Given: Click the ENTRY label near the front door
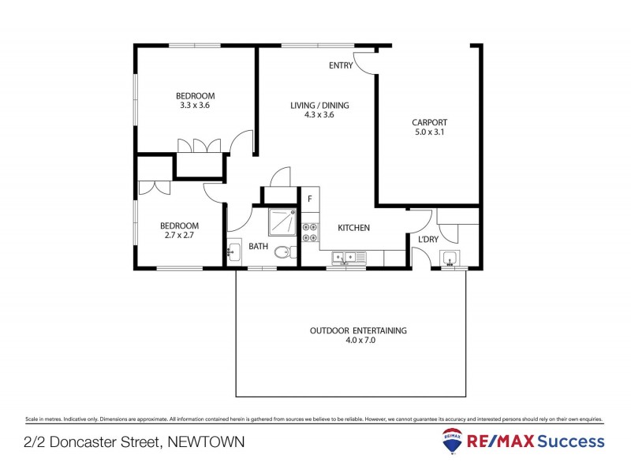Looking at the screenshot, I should coord(341,65).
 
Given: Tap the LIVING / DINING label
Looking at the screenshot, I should coord(319,106).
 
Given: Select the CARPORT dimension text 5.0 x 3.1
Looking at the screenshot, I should coord(429,133).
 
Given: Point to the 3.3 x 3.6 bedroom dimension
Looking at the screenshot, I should coord(194,105).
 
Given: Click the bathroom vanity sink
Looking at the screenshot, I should coord(233,253).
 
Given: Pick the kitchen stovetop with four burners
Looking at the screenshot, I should coord(310,229).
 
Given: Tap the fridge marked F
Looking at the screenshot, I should coord(310,199).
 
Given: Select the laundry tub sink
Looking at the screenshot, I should coord(450,258).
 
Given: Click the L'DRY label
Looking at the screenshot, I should coord(428,240).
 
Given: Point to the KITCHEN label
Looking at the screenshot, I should coord(354,228).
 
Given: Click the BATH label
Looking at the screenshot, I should coord(259,246).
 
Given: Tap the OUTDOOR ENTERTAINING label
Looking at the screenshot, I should coord(358,331).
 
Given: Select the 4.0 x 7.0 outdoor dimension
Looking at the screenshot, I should coord(358,341).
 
